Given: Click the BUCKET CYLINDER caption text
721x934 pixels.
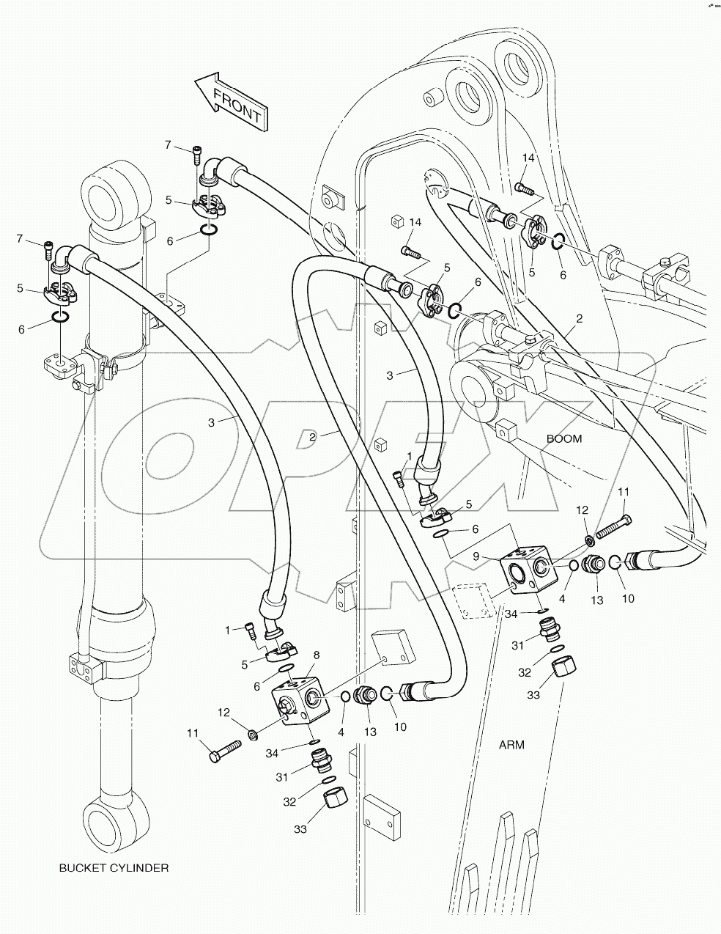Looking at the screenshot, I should pos(114,868).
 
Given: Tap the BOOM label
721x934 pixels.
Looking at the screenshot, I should pos(563,439).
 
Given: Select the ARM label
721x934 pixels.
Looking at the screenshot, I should pos(511,745).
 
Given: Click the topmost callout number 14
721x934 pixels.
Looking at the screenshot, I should pos(529,158).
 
